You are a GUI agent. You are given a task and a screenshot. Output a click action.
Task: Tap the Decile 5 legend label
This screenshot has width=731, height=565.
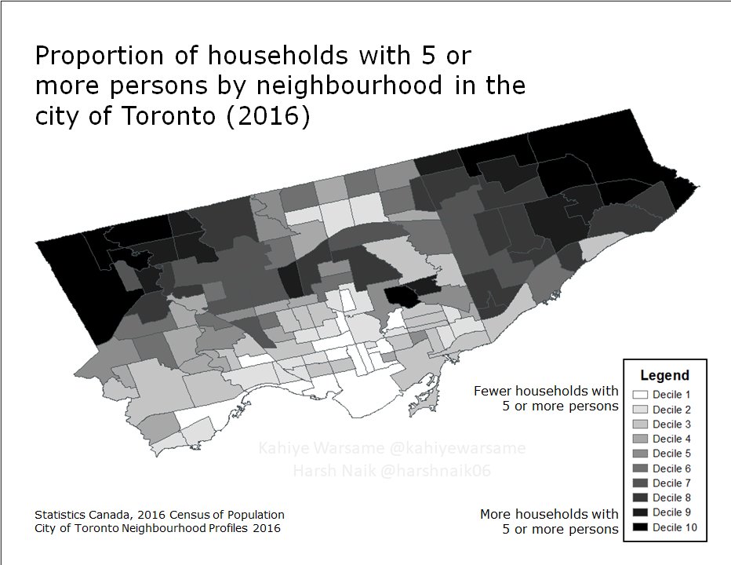pos(672,454)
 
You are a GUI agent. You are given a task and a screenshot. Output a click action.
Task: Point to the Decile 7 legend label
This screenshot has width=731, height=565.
pos(672,483)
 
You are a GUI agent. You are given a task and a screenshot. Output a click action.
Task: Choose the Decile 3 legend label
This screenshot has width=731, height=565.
pos(672,424)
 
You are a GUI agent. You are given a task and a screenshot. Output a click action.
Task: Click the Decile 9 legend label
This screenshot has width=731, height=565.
pos(672,512)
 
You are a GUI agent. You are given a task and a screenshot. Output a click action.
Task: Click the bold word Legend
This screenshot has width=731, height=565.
pos(664,375)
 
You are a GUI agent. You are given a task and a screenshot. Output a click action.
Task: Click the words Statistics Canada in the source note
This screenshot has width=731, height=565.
pos(82,515)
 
